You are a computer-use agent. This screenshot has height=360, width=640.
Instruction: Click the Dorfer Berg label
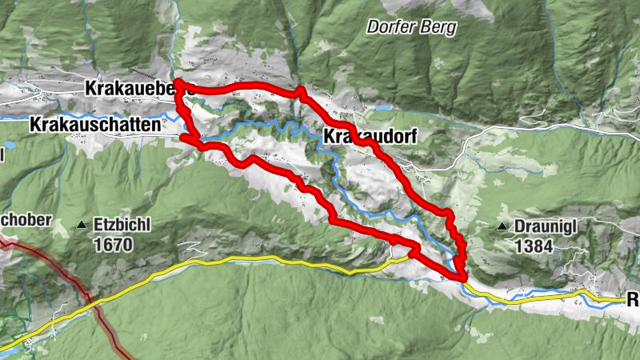tap(412, 26)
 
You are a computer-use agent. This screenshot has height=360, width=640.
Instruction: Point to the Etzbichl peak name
tap(122, 226)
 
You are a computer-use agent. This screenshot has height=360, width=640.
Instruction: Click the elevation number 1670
tap(112, 245)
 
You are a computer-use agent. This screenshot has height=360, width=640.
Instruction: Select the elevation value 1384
tap(534, 246)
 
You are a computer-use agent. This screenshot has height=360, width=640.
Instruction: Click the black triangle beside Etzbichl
tap(81, 226)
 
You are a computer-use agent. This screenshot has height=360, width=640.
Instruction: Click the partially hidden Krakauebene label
tap(128, 89)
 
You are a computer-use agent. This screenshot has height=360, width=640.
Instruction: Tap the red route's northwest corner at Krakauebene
tap(177, 83)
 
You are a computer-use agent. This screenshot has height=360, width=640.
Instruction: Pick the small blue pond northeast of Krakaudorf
tap(384, 107)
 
